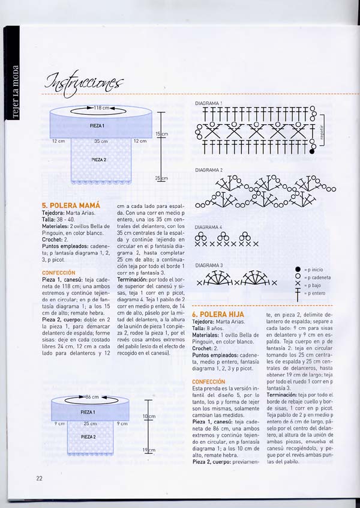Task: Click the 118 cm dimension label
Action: point(101,108)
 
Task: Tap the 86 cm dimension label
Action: point(92,398)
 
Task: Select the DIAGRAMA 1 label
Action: point(209,103)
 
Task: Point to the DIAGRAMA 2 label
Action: point(209,171)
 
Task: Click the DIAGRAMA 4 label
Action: point(209,227)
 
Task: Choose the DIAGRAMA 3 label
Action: point(209,265)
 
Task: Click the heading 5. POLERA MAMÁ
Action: point(71,205)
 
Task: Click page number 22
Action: point(38,477)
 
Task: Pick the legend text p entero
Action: point(316,293)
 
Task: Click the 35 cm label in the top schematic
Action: point(100,141)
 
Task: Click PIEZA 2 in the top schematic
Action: point(99,160)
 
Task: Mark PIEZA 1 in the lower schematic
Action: point(88,413)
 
